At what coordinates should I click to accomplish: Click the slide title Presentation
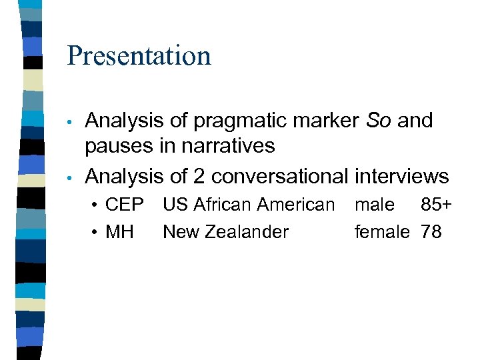(139, 56)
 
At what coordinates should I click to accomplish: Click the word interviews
(402, 176)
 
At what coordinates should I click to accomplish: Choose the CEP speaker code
(125, 205)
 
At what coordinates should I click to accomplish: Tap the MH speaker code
(120, 232)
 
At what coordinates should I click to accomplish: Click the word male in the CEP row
(374, 205)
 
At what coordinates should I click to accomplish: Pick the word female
(381, 232)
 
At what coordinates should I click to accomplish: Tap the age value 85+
(436, 205)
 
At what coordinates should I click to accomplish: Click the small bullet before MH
(97, 233)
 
